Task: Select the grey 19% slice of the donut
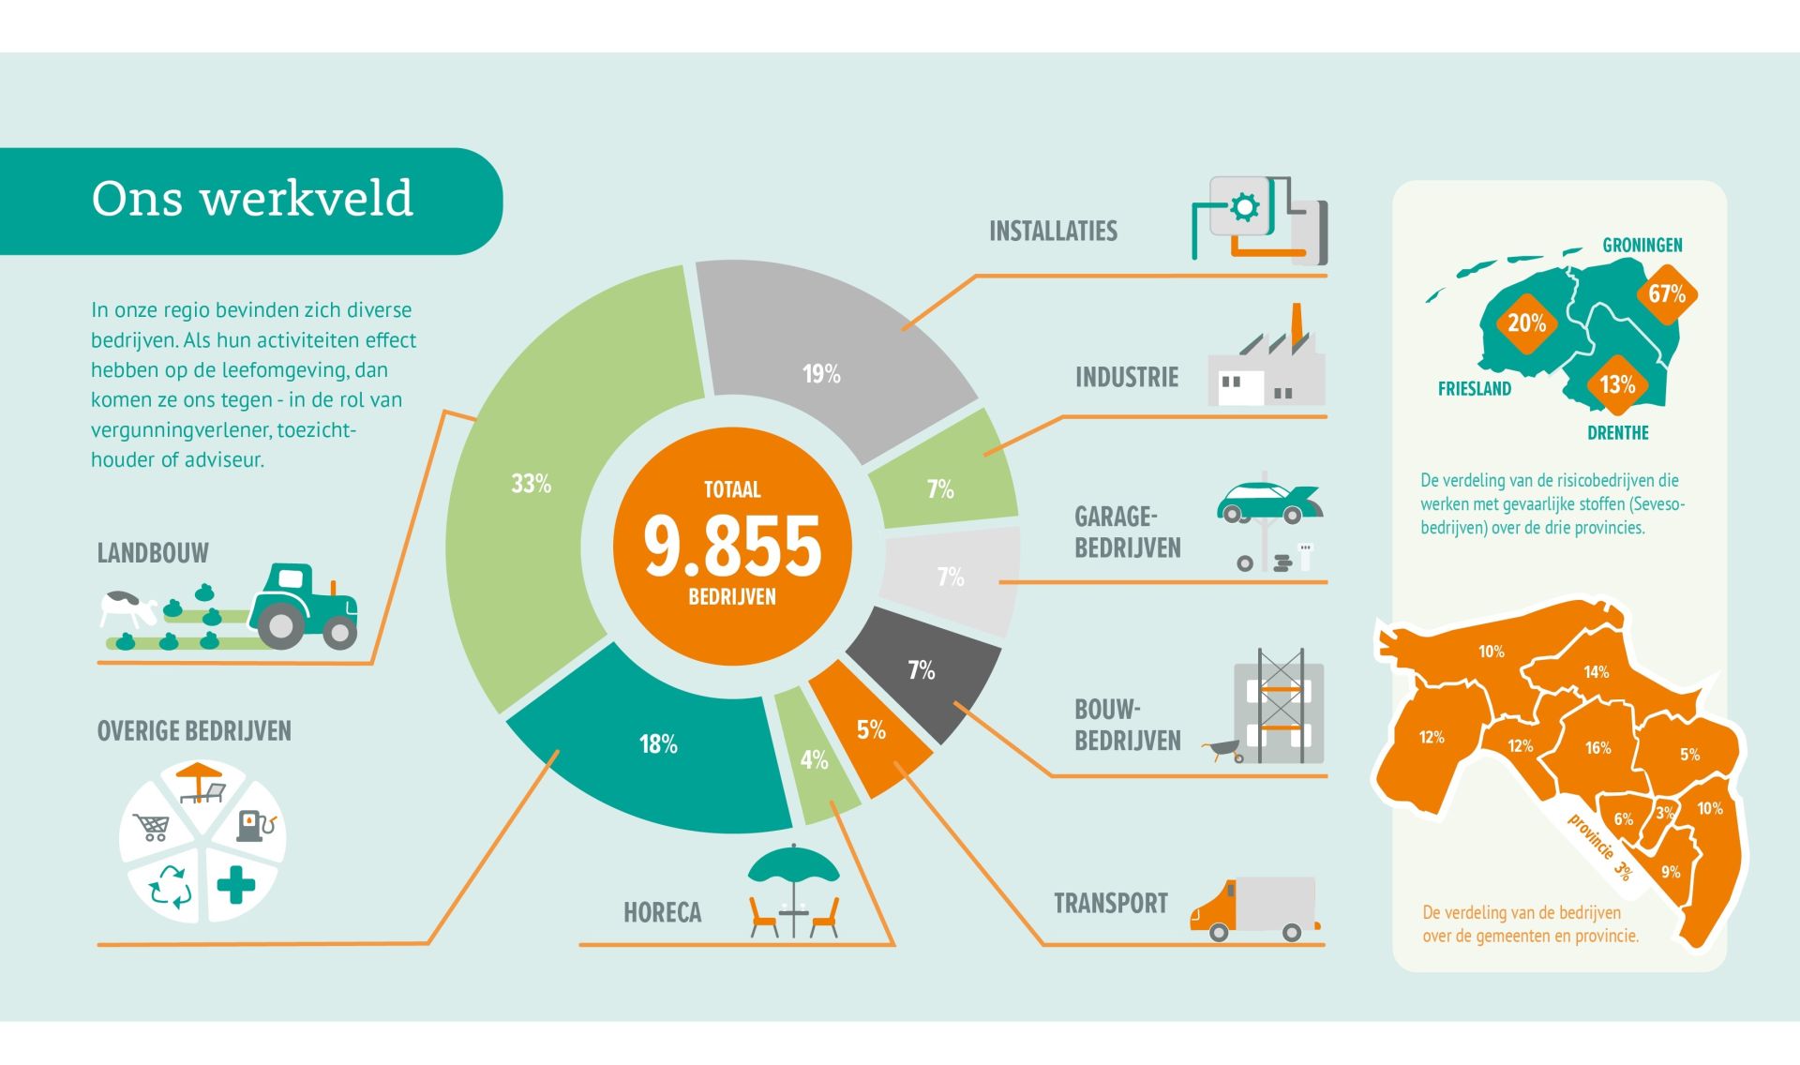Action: pyautogui.click(x=825, y=366)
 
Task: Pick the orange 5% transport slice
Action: pyautogui.click(x=869, y=729)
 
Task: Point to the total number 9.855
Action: pyautogui.click(x=732, y=545)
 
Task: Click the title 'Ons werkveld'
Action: pyautogui.click(x=252, y=198)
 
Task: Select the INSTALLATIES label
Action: pyautogui.click(x=1053, y=232)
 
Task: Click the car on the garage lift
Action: pyautogui.click(x=1268, y=502)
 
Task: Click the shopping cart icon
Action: pyautogui.click(x=152, y=827)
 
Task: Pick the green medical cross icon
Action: pyautogui.click(x=236, y=884)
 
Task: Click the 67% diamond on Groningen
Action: pyautogui.click(x=1667, y=293)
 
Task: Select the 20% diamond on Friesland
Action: pyautogui.click(x=1526, y=323)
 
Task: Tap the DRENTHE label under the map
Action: pyautogui.click(x=1618, y=433)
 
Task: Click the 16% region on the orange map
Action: pyautogui.click(x=1597, y=748)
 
